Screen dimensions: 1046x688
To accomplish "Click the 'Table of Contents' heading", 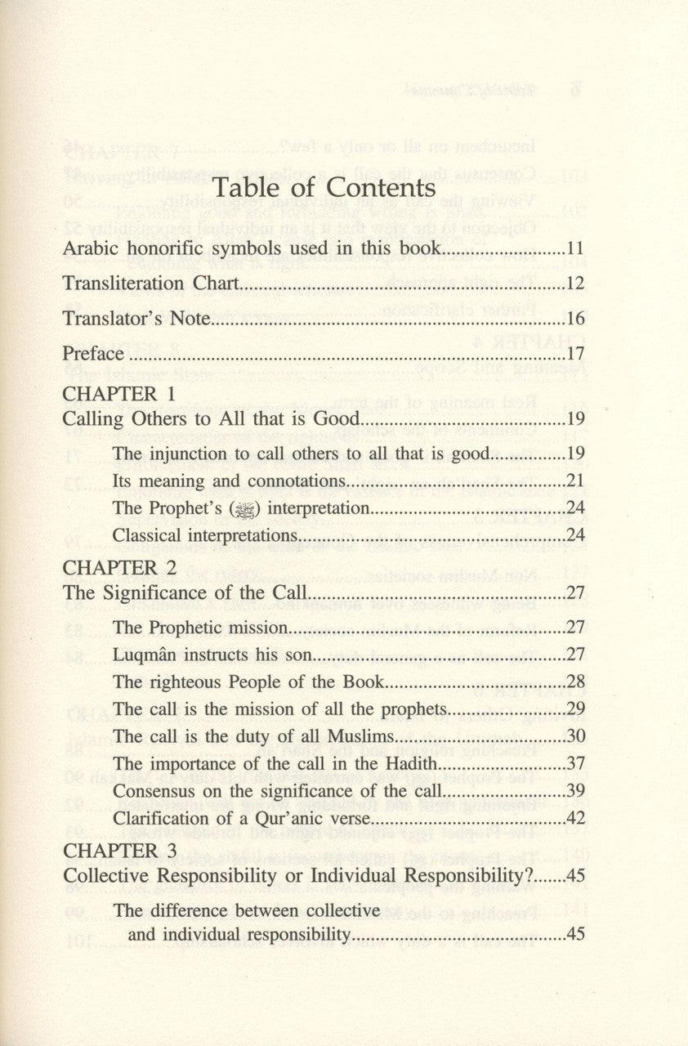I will tap(324, 189).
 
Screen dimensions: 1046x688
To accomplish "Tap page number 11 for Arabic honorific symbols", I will tap(575, 249).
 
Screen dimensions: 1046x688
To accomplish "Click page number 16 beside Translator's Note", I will tap(575, 319).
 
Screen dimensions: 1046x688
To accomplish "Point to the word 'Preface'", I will tap(93, 354).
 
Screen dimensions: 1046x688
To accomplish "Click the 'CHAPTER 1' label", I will tap(119, 393).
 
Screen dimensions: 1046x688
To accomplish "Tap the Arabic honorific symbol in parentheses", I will tap(245, 508).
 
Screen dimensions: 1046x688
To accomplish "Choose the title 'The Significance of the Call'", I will tap(183, 593).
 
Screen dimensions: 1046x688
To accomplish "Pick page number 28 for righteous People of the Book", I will tap(575, 682).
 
